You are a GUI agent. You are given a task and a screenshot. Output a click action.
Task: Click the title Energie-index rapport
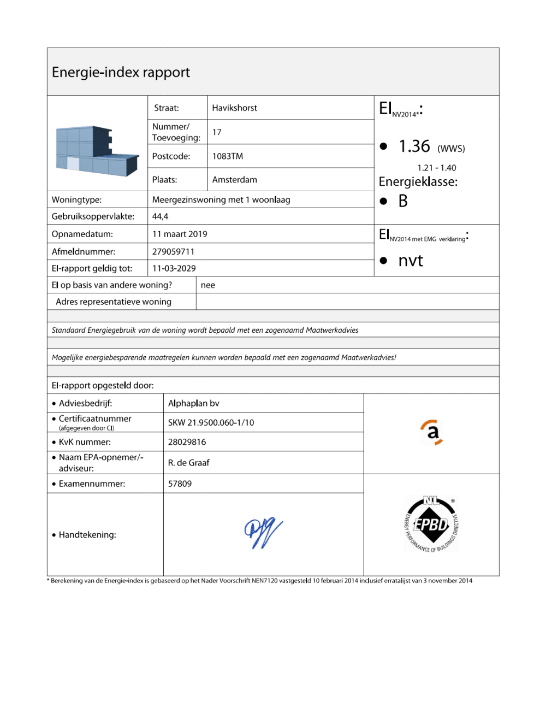(x=121, y=72)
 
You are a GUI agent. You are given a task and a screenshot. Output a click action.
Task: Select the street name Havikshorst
(x=234, y=108)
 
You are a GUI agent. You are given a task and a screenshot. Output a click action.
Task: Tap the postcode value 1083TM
(x=227, y=156)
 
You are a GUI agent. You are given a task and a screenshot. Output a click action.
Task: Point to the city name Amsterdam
(x=234, y=180)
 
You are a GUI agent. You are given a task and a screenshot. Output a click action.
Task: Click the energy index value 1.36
(x=414, y=146)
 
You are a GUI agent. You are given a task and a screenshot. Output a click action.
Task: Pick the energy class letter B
(x=403, y=201)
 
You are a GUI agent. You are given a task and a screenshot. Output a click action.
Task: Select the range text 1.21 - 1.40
(x=436, y=168)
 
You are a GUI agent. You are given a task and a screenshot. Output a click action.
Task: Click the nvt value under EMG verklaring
(x=411, y=261)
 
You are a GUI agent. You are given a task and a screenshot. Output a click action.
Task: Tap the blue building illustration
(x=97, y=151)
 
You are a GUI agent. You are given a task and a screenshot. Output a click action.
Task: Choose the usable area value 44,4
(x=160, y=216)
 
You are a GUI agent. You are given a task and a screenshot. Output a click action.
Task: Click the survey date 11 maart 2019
(x=180, y=234)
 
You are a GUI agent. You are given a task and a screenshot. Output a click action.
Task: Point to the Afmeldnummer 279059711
(x=173, y=251)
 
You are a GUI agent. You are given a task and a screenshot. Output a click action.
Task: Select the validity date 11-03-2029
(x=174, y=268)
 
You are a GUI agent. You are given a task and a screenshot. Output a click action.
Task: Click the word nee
(x=208, y=285)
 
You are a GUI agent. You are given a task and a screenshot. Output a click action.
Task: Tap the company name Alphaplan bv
(x=193, y=403)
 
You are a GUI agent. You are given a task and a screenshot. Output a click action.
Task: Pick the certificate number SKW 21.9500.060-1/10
(x=211, y=422)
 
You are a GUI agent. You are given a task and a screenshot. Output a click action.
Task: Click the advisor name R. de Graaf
(x=188, y=463)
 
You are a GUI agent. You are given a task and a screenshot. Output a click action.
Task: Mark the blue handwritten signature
(x=263, y=533)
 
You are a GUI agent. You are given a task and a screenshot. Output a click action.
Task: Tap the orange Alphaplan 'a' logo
(x=432, y=433)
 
